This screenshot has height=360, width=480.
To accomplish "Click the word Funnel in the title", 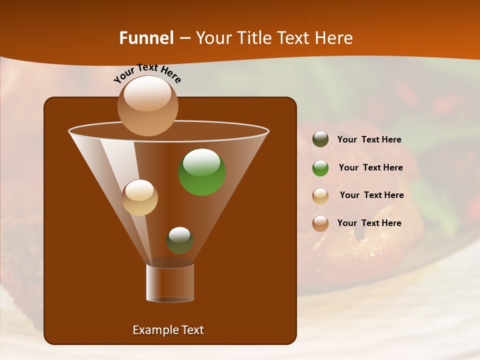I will [x=146, y=38].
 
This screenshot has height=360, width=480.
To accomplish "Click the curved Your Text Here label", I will [x=147, y=73].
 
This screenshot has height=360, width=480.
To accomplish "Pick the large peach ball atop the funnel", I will [x=147, y=105].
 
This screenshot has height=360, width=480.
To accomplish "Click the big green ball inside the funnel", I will [x=202, y=172].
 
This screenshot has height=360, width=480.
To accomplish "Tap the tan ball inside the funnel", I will [x=139, y=197].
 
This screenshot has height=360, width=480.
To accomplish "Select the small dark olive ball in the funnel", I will [x=179, y=240].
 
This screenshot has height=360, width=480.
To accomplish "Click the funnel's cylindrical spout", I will [x=170, y=283].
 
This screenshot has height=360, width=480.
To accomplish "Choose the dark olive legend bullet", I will [x=320, y=139].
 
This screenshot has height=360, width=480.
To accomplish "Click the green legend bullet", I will [x=320, y=168].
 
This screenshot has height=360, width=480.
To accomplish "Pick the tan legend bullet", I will [x=320, y=196].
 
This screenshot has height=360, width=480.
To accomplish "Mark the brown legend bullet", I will [x=320, y=223].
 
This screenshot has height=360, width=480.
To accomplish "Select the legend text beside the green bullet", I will [x=370, y=167].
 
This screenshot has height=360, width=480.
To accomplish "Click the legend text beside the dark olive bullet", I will [x=369, y=139].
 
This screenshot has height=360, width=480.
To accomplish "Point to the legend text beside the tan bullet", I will [x=371, y=195].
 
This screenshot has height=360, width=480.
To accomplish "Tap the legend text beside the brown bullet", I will [x=369, y=223].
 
